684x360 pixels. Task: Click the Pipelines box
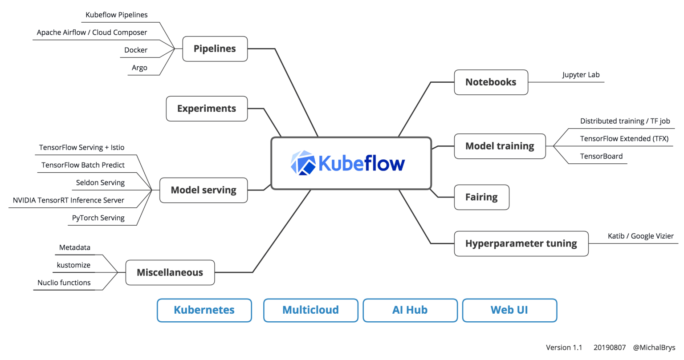[x=215, y=49]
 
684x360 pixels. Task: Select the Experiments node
[x=207, y=109]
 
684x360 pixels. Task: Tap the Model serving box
[x=204, y=190]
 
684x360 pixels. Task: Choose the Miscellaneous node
[x=170, y=272]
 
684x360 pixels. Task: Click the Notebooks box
[x=491, y=82]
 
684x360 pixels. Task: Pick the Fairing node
[x=481, y=197]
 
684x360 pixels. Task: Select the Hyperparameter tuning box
[x=521, y=243]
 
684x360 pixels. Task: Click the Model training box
[x=500, y=146]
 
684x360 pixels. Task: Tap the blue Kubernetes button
[x=204, y=310]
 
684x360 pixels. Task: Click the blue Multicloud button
[x=310, y=310]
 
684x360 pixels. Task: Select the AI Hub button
[x=410, y=310]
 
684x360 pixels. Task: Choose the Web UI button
[x=509, y=310]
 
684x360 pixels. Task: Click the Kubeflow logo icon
[x=303, y=163]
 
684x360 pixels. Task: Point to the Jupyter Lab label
[x=581, y=75]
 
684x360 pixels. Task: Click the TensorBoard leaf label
[x=601, y=156]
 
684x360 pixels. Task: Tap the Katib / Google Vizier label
[x=640, y=236]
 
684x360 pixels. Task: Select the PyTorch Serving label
[x=98, y=218]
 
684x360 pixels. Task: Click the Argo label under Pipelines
[x=139, y=68]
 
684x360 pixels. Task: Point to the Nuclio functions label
[x=64, y=283]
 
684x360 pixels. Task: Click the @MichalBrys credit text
[x=654, y=348]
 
